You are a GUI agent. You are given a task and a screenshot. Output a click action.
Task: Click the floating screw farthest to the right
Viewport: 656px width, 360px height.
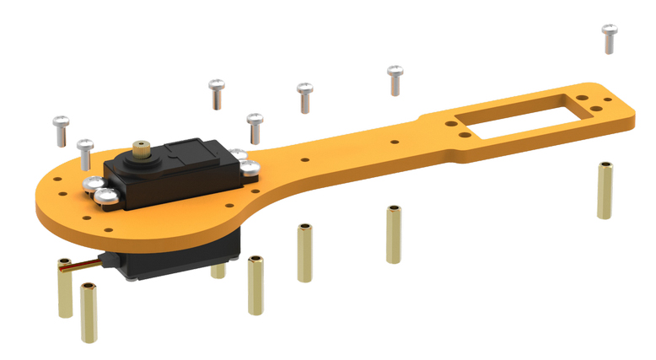[609, 39]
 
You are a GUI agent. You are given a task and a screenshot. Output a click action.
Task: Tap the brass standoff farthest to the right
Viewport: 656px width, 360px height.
[605, 190]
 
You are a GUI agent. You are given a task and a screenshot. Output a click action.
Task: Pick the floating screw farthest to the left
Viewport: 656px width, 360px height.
[59, 129]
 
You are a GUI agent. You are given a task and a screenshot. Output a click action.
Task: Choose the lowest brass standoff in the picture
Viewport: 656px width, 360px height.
[89, 314]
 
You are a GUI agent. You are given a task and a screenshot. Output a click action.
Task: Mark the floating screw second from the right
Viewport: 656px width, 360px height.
[395, 80]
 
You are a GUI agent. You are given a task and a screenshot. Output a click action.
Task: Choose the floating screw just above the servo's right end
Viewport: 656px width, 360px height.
[254, 127]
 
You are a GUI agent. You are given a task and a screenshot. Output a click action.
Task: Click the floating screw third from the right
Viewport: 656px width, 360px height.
[304, 96]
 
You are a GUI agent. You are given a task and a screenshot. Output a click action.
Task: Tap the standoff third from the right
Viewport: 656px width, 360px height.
[304, 252]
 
